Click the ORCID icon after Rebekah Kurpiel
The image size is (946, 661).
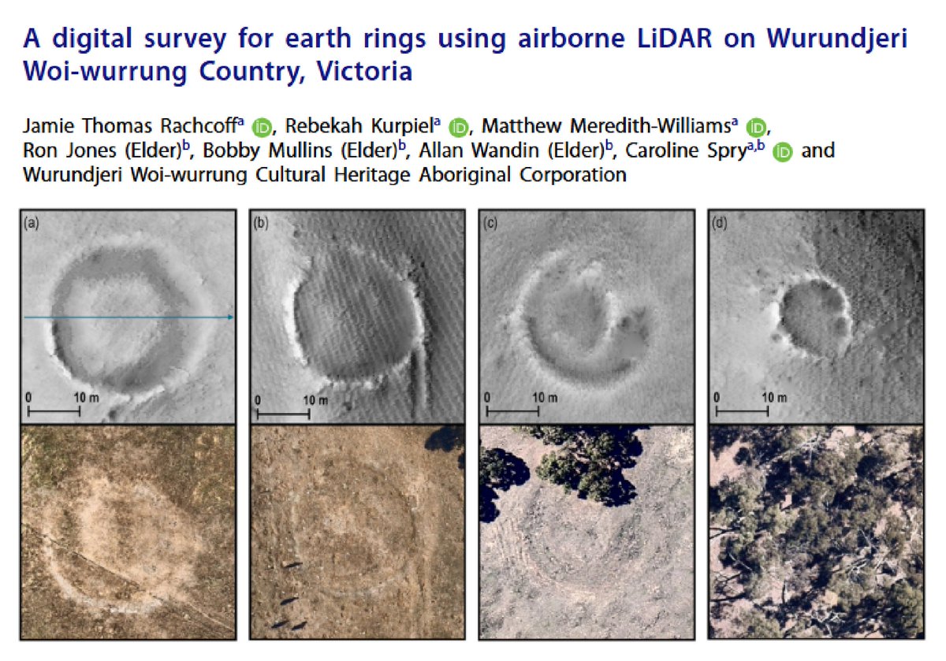coord(459,127)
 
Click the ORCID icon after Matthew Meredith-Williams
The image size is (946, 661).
coord(756,127)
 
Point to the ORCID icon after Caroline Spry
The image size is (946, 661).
coord(782,151)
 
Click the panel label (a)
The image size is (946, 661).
coord(32,224)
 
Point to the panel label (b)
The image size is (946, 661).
coord(261,224)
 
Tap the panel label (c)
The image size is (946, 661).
coord(490,224)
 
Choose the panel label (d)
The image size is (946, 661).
coord(720,224)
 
